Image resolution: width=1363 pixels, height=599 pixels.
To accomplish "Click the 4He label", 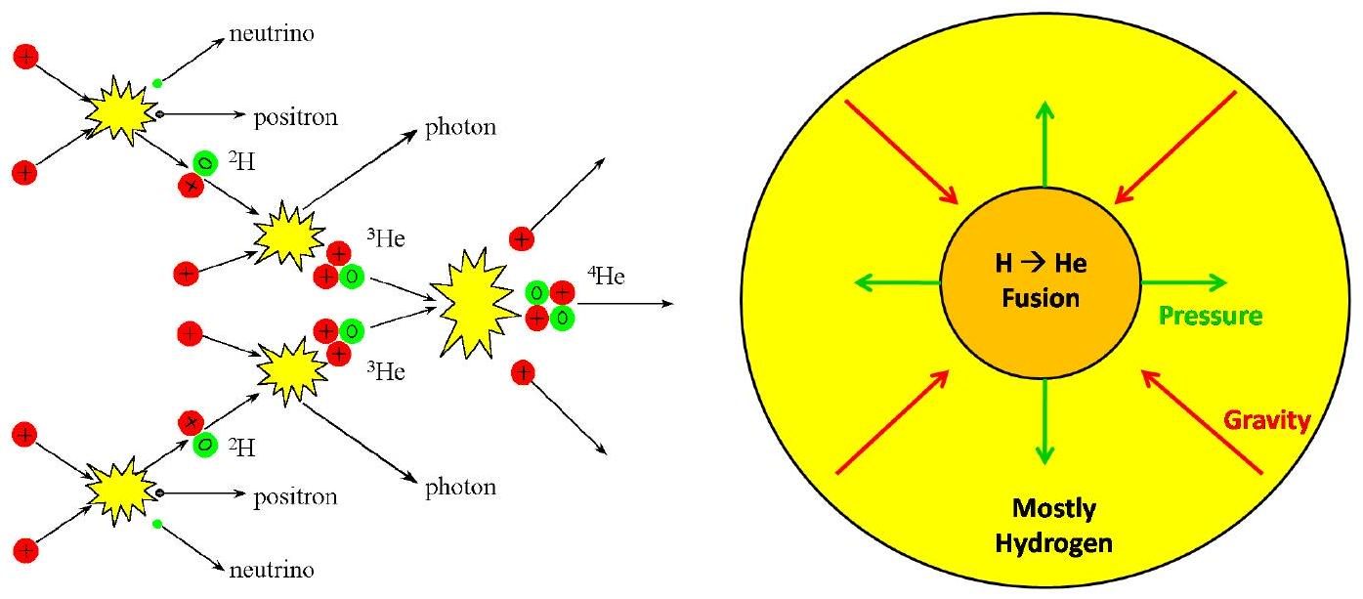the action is pos(606,276).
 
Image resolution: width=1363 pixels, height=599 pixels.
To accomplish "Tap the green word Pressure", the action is pos(1211,316).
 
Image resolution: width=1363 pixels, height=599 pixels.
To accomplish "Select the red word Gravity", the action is pos(1267,420).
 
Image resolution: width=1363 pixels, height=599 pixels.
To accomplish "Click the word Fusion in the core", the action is pos(1041,298).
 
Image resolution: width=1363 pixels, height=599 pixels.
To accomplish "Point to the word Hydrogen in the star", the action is pos(1054,543).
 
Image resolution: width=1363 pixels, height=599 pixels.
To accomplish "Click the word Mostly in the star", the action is pos(1054,509).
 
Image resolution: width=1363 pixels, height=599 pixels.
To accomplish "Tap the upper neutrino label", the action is pos(272,33).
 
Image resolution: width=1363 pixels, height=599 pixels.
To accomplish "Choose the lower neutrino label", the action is pos(272,571).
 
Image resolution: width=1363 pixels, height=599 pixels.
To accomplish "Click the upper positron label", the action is pos(295,117).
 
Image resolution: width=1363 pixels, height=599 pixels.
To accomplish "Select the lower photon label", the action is pos(460,488).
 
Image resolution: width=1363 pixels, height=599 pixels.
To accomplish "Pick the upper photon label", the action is pos(460,127).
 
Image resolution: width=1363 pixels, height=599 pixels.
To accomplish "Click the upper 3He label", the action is pos(386,238).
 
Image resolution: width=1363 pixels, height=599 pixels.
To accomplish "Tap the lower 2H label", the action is pos(241,448).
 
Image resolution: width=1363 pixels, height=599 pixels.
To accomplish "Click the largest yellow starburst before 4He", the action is pos(474,303).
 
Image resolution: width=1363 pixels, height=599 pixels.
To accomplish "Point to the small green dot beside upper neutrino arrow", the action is pos(157,83).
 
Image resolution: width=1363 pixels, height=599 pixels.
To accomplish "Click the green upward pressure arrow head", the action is pos(1044,109).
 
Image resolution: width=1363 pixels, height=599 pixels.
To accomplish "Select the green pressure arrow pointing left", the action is pos(898,282).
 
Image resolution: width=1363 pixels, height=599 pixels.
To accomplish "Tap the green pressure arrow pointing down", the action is pos(1044,421).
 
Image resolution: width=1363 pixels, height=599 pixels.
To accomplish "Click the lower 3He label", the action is pos(386,371).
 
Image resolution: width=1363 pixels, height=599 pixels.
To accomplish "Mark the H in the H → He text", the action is pos(1003,264).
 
